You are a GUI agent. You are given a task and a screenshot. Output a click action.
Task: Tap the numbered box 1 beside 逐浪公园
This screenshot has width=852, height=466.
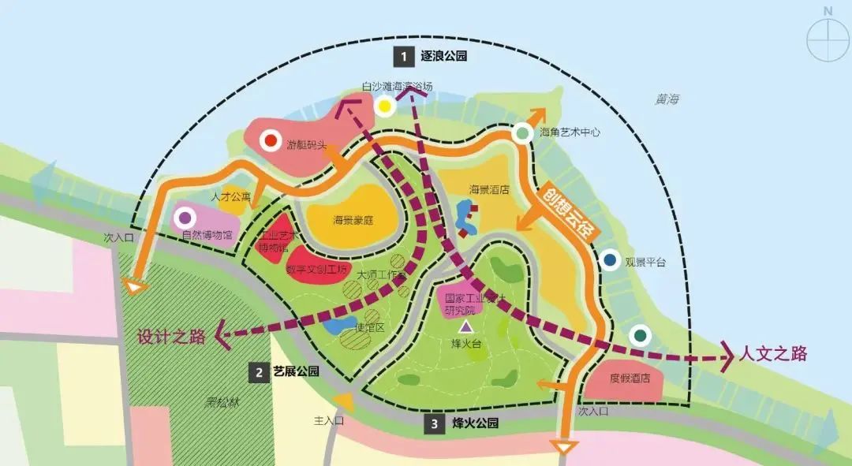tap(404, 56)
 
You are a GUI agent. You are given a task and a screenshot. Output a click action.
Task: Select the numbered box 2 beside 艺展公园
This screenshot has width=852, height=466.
tap(258, 372)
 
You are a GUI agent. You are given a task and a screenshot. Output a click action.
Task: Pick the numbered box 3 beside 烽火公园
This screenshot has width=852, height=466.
tap(435, 424)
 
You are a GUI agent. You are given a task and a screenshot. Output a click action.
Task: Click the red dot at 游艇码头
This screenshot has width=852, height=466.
tap(271, 140)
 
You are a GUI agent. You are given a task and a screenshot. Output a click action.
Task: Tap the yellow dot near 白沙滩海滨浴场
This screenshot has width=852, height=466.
tap(384, 106)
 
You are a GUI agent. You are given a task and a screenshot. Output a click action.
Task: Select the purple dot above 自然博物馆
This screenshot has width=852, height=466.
tap(185, 217)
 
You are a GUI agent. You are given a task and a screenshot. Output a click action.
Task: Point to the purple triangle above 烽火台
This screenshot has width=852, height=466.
tap(466, 325)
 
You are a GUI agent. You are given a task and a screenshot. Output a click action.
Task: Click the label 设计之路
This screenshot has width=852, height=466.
tap(172, 337)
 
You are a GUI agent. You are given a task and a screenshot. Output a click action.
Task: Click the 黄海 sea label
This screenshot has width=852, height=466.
tap(667, 100)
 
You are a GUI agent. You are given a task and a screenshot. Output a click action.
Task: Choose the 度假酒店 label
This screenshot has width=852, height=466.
tap(629, 378)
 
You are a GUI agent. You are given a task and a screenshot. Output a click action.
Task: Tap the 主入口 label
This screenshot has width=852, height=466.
tap(330, 421)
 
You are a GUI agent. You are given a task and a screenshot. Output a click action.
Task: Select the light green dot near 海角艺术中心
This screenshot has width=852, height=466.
tap(521, 133)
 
